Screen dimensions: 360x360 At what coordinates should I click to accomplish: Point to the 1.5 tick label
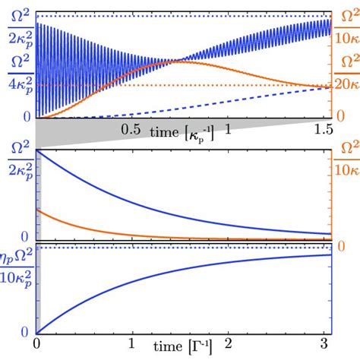tap(324, 130)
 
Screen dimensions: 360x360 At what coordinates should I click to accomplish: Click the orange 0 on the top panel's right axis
tap(342, 115)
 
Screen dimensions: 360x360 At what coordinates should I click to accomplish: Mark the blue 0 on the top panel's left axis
tap(27, 115)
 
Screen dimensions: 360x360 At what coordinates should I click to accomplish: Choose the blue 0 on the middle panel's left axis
tap(27, 235)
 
